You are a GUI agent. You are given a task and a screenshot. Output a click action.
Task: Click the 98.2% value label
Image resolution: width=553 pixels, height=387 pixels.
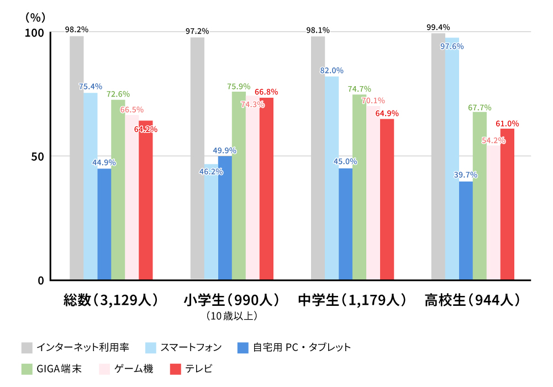[76, 29]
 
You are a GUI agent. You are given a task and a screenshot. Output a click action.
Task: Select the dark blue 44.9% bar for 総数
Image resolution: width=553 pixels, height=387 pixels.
[104, 224]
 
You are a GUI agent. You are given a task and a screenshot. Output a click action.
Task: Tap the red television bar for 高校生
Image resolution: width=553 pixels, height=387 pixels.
[507, 204]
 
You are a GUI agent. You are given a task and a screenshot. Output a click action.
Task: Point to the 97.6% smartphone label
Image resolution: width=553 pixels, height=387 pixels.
[452, 46]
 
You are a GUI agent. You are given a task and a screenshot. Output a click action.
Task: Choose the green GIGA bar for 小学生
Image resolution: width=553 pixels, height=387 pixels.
[239, 185]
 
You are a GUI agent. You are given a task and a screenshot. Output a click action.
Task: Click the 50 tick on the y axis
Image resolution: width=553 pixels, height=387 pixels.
[37, 156]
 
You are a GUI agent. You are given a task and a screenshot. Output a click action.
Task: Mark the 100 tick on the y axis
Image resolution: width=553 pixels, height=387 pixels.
[34, 33]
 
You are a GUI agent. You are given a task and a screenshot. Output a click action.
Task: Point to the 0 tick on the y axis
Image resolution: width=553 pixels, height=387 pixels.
[40, 280]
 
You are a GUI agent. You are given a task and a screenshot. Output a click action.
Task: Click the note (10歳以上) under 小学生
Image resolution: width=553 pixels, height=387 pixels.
[231, 316]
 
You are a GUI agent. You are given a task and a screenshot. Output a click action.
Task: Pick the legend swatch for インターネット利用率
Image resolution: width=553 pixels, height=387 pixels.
[27, 348]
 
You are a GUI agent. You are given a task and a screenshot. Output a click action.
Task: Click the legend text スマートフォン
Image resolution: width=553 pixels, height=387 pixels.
[191, 348]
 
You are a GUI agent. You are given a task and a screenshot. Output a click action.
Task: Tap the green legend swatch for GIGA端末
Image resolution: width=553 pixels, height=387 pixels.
[27, 369]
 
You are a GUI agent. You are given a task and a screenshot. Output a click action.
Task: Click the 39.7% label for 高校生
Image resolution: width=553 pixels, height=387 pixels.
[466, 175]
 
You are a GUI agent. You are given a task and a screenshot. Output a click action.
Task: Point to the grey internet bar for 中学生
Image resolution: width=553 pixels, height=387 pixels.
[318, 158]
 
